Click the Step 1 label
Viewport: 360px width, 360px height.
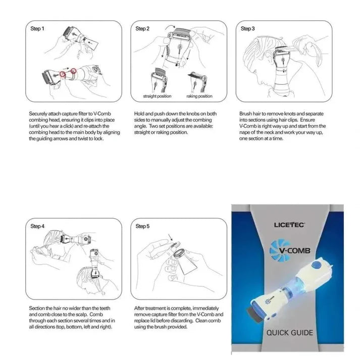point(38,29)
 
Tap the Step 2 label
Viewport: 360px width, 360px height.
point(142,29)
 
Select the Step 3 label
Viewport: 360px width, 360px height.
point(247,29)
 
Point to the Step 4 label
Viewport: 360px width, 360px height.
point(38,226)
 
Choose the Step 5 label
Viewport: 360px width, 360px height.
point(142,226)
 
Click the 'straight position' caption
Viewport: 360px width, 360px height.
point(158,96)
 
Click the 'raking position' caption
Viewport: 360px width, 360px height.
point(199,96)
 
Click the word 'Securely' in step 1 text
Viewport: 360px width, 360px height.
point(38,114)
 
